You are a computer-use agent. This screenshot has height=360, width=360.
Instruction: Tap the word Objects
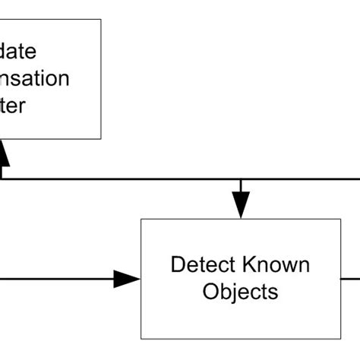240,292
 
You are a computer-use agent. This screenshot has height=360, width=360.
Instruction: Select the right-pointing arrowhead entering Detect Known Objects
127,279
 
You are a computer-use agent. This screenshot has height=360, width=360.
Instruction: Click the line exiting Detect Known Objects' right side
350,279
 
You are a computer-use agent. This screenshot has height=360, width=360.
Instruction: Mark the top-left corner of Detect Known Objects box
141,219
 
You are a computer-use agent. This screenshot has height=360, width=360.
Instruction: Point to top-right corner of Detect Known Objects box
341,219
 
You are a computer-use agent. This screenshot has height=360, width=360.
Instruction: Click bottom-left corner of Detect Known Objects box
141,339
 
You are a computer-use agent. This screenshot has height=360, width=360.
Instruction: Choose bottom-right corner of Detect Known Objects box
341,339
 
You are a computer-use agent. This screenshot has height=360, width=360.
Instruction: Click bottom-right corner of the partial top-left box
101,139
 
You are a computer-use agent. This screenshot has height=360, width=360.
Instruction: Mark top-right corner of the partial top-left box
101,20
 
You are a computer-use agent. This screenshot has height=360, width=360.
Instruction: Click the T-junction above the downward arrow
241,179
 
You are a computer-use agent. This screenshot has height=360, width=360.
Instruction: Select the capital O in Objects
210,292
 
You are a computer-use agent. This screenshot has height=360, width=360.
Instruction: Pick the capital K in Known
248,265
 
